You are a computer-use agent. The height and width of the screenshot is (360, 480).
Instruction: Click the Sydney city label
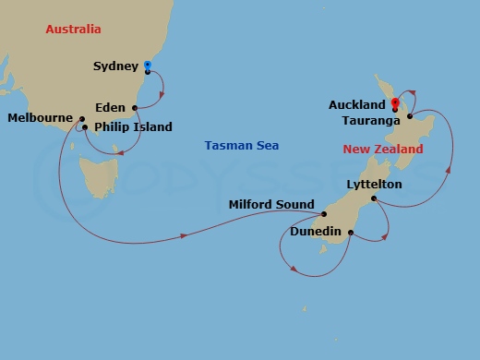(x=116, y=66)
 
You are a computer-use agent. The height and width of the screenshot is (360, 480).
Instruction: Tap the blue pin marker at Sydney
(x=148, y=66)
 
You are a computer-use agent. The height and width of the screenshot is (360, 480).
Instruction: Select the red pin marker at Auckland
(x=394, y=103)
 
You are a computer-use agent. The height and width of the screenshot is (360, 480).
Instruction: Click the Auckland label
(x=356, y=105)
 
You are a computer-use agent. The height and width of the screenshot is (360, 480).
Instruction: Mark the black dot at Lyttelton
(x=373, y=198)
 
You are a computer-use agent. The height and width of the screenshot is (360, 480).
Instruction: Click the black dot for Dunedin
(x=350, y=235)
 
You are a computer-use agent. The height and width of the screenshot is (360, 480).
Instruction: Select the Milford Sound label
(x=271, y=205)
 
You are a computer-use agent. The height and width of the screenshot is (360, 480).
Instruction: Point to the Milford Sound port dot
(x=325, y=214)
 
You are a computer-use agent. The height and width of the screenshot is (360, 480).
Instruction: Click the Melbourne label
(x=40, y=118)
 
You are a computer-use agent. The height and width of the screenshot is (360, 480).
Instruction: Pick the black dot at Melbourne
(x=82, y=119)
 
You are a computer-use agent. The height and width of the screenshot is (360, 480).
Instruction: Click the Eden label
(x=111, y=107)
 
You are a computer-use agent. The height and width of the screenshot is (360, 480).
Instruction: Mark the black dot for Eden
(x=135, y=107)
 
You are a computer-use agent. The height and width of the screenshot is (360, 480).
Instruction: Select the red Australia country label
(x=73, y=30)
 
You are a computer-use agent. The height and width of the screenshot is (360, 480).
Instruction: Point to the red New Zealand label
(x=383, y=150)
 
